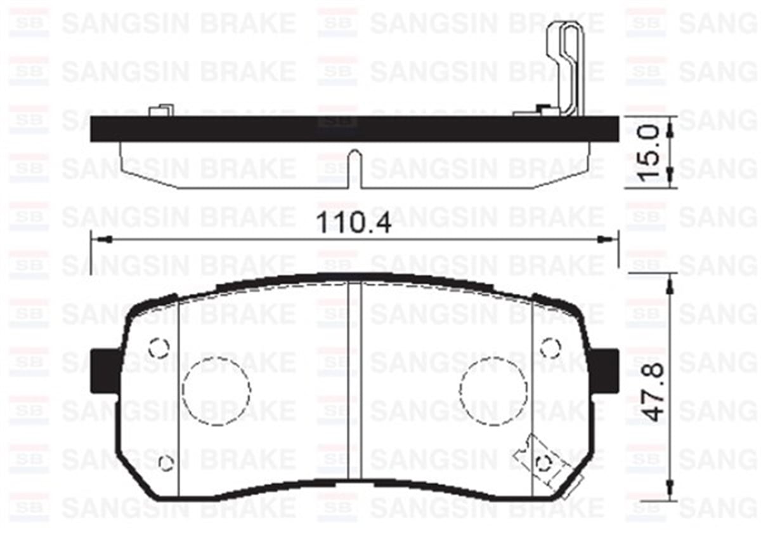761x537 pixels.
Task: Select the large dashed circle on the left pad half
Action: click(216, 390)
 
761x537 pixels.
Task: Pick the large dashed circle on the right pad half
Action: click(494, 390)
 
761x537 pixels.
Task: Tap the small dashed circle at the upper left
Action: click(159, 347)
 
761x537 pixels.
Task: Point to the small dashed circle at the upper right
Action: click(550, 347)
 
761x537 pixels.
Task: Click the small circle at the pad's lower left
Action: click(166, 463)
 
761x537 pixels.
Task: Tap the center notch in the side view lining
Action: click(355, 170)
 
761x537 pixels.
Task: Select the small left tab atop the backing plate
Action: click(160, 110)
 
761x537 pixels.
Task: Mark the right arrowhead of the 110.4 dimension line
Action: click(608, 239)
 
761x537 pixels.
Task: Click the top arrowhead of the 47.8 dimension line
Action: click(670, 282)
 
